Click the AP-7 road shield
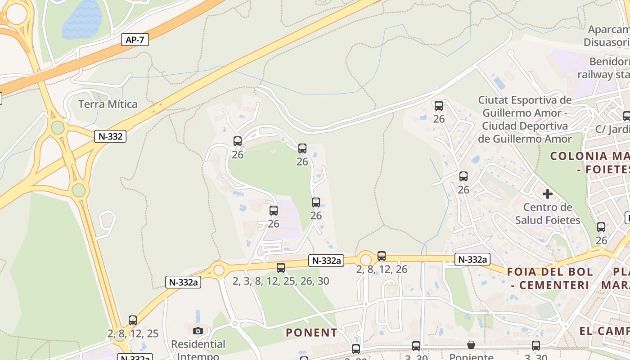[x=135, y=40]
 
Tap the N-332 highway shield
[x=110, y=136]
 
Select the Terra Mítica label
[x=108, y=104]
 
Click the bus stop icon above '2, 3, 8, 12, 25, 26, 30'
[x=281, y=268]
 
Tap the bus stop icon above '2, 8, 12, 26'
[x=382, y=256]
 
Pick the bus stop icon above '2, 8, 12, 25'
[x=133, y=320]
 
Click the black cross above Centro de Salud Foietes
[x=548, y=194]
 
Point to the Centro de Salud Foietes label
[x=548, y=214]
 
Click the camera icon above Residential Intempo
[x=198, y=331]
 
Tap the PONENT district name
[x=311, y=333]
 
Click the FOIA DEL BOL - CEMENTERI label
[x=550, y=278]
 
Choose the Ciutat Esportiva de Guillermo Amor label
[x=525, y=119]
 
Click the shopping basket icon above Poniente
[x=471, y=345]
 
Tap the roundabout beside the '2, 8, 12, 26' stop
[x=365, y=260]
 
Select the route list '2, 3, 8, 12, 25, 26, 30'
[x=281, y=281]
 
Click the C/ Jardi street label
[x=612, y=130]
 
